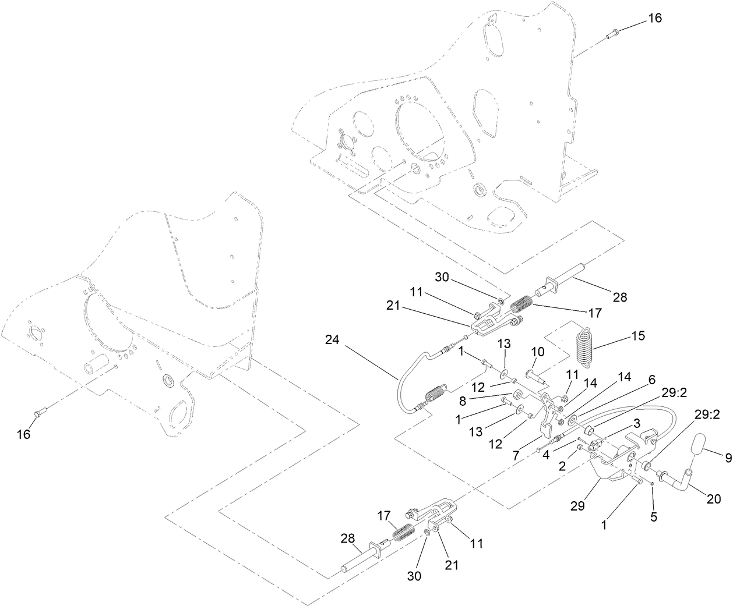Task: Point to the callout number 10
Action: pyautogui.click(x=537, y=352)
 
